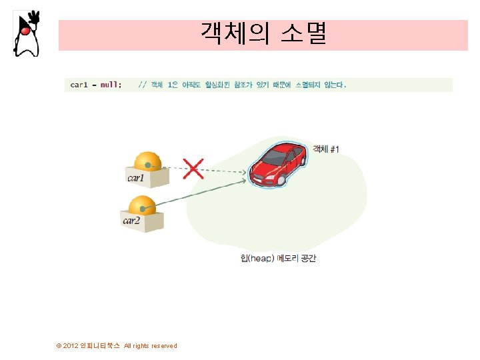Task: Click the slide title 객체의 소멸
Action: click(x=263, y=34)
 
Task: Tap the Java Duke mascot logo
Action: click(x=26, y=33)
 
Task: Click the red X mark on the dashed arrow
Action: click(x=193, y=168)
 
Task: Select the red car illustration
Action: click(x=277, y=163)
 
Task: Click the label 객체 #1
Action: click(x=326, y=149)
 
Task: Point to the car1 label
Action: click(x=136, y=178)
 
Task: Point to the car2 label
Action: click(x=132, y=221)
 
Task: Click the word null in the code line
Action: click(x=110, y=85)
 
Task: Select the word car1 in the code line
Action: click(x=79, y=85)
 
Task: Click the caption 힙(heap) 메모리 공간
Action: click(x=278, y=258)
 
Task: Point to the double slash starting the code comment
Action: click(x=142, y=85)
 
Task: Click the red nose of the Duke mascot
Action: click(x=25, y=31)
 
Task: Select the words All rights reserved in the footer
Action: click(x=151, y=345)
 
